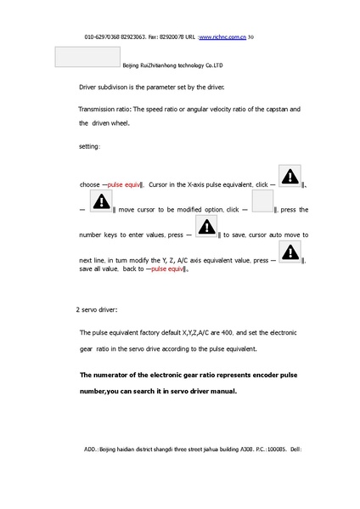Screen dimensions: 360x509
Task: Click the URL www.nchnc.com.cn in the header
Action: (222, 38)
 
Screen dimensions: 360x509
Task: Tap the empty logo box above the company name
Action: (87, 56)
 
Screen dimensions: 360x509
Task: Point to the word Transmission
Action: (99, 110)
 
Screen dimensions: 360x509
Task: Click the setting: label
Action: (89, 147)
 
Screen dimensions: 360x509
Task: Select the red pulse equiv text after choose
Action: (123, 184)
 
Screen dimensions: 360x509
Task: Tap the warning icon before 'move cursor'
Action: (101, 202)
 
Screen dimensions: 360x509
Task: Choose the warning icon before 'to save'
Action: (205, 228)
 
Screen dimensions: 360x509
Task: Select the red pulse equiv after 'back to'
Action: (166, 269)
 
